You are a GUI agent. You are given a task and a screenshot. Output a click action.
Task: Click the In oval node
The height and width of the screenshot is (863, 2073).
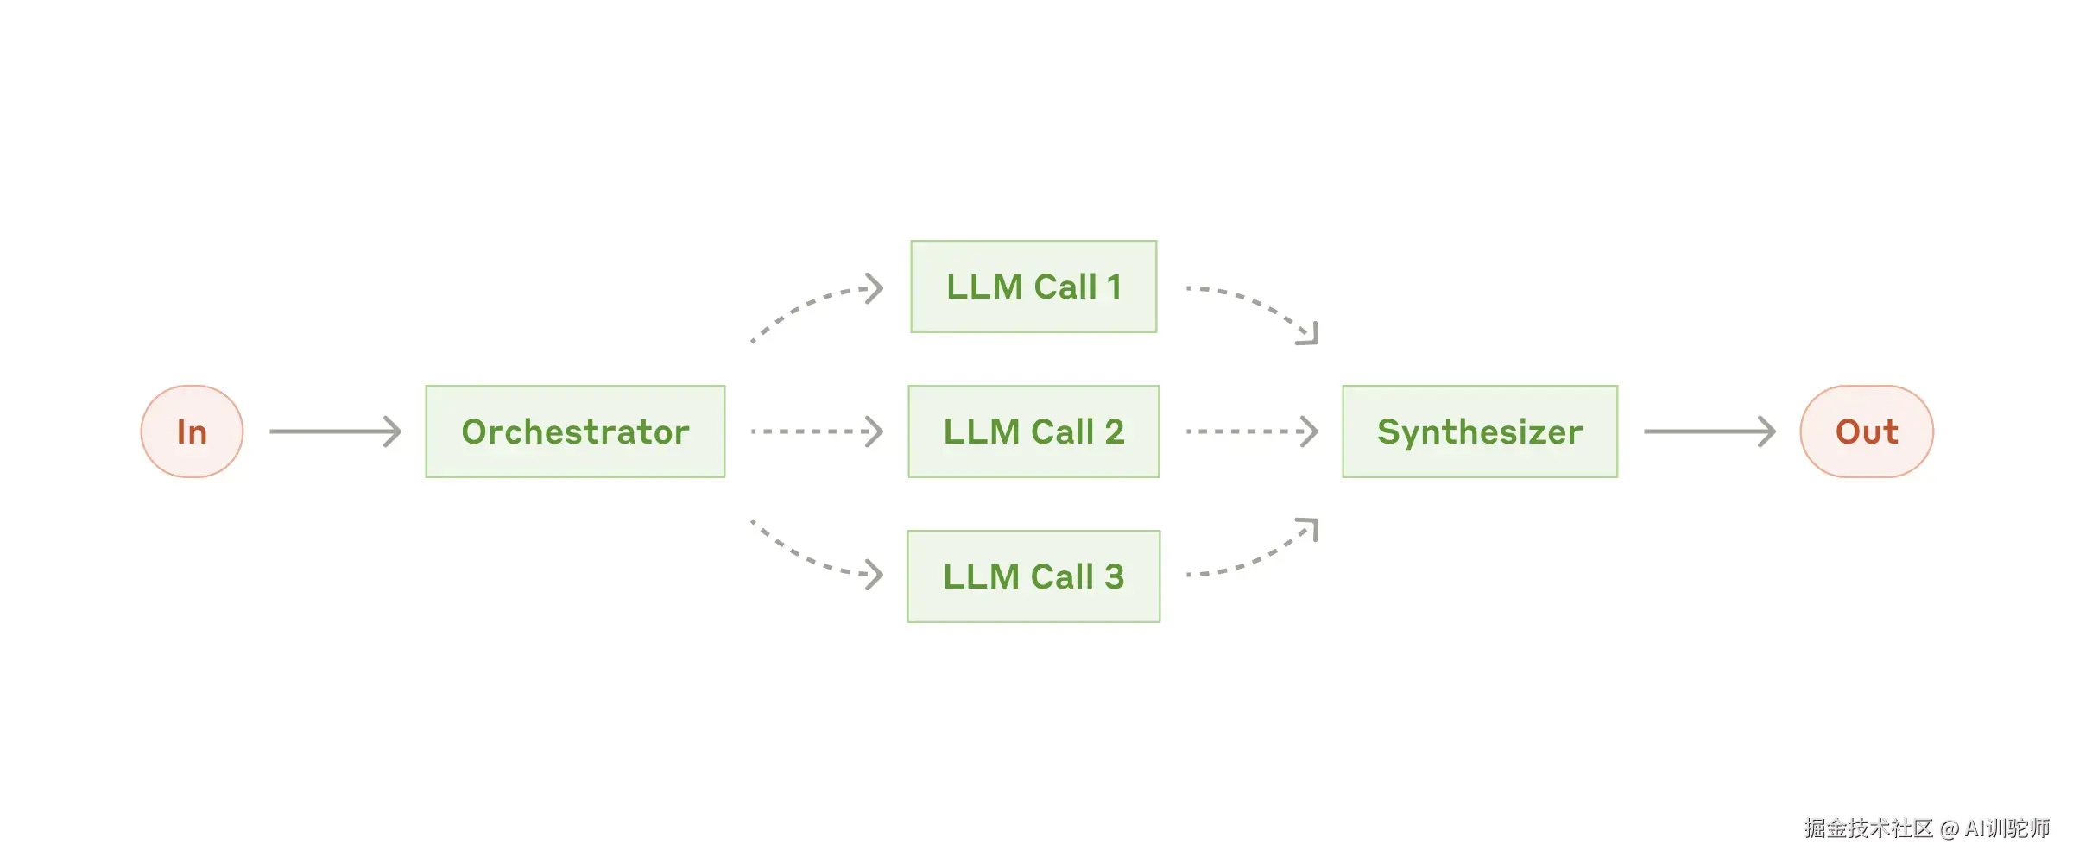point(192,431)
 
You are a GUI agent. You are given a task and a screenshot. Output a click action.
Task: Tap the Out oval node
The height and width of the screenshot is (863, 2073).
point(1866,431)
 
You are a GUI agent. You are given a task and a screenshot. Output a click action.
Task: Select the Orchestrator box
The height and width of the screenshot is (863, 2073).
point(575,431)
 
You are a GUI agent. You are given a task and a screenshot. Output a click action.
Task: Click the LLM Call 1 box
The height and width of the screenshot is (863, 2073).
point(1033,287)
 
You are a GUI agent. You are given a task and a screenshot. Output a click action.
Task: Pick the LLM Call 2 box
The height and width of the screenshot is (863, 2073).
point(1033,431)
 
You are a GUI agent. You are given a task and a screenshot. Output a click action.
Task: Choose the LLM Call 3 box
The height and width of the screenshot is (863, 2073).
point(1033,576)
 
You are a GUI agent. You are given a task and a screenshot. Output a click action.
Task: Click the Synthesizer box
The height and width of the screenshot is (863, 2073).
point(1479,431)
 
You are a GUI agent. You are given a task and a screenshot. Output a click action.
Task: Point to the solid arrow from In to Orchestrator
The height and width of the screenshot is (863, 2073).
point(335,431)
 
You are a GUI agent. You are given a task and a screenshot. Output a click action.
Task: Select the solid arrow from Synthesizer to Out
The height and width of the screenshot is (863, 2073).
point(1709,431)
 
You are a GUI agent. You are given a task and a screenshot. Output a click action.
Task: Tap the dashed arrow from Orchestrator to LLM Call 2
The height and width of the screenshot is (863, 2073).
point(816,431)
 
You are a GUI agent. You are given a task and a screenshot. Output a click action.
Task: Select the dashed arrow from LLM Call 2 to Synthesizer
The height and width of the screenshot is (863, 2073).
point(1251,431)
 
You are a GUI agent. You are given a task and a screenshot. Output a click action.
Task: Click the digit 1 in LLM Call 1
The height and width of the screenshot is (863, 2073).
point(1114,287)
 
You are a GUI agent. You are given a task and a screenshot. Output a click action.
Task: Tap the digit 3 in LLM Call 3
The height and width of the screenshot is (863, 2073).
point(1114,576)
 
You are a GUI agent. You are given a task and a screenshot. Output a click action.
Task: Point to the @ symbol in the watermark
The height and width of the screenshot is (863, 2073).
point(1950,829)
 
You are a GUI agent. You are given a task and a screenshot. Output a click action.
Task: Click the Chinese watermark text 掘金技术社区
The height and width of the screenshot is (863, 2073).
point(1868,828)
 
